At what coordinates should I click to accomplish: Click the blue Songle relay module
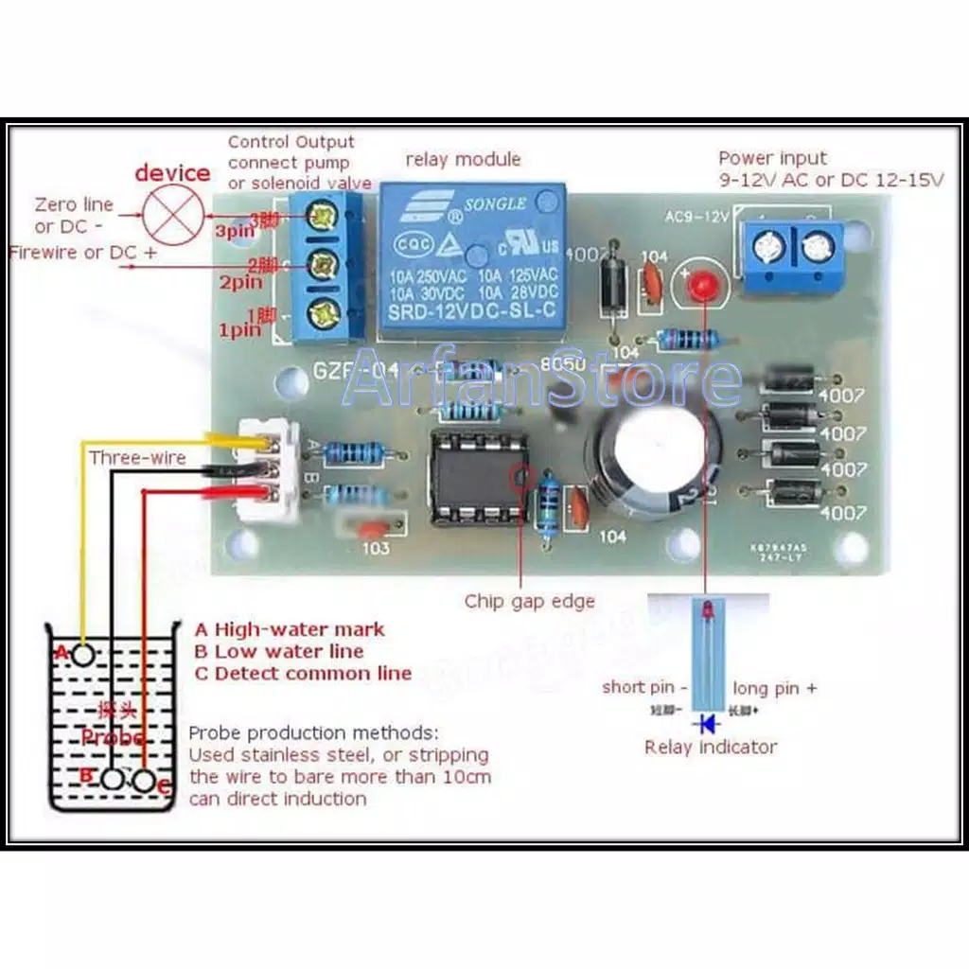tap(472, 262)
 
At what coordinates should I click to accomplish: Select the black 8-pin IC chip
tap(477, 478)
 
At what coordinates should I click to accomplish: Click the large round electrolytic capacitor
tap(646, 462)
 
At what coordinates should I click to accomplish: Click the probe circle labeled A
tap(83, 652)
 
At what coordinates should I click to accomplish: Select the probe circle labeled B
tap(114, 780)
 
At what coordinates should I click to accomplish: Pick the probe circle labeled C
tap(144, 781)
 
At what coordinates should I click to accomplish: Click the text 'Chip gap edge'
tap(529, 601)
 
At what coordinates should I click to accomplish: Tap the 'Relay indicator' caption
tap(711, 747)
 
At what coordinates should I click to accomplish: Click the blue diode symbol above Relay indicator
tap(706, 724)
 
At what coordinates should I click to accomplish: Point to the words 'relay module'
tap(463, 159)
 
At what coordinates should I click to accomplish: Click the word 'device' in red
tap(172, 172)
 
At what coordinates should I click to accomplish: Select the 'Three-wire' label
tap(137, 458)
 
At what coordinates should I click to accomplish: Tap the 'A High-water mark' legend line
tap(290, 629)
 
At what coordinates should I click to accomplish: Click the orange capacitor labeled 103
tap(372, 529)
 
